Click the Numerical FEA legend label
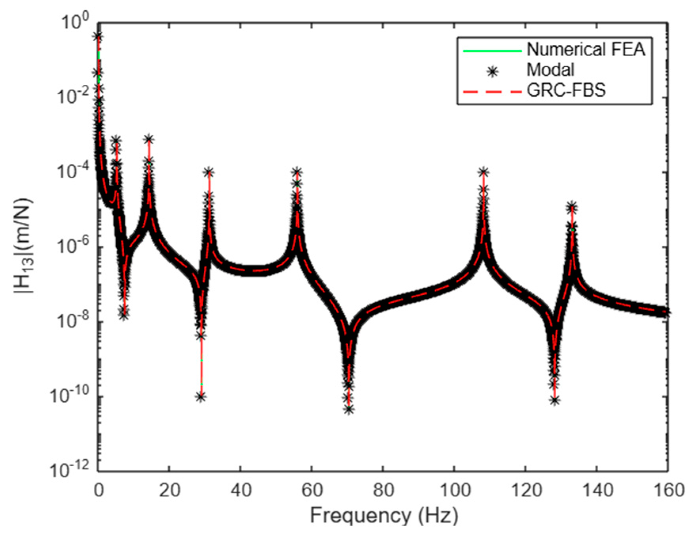click(586, 50)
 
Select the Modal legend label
click(550, 70)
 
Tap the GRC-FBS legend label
click(566, 91)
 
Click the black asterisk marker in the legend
click(493, 72)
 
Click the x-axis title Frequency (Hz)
click(384, 516)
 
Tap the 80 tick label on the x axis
click(383, 490)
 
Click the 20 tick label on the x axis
click(169, 490)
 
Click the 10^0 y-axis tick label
click(75, 22)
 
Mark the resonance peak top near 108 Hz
click(483, 172)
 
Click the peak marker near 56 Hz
click(297, 172)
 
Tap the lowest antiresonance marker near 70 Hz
click(349, 410)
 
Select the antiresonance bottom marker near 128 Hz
click(555, 401)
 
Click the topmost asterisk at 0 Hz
click(99, 36)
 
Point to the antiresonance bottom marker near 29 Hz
click(201, 397)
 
